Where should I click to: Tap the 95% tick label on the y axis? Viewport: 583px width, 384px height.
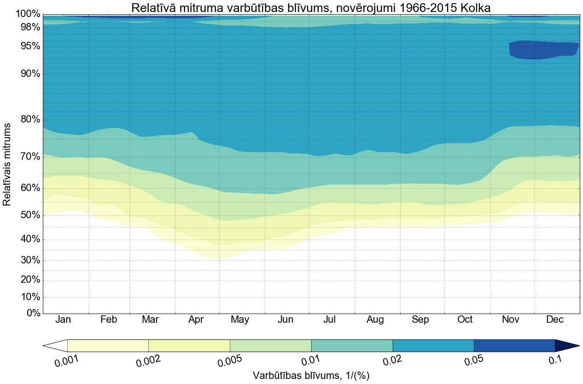point(29,47)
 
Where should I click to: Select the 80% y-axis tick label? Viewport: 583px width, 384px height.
point(29,120)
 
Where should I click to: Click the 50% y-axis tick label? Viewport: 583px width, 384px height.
point(29,215)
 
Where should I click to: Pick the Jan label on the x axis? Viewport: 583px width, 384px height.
point(64,320)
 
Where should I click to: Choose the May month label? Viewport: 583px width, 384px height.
point(240,320)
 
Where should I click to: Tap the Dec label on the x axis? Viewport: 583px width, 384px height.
point(555,320)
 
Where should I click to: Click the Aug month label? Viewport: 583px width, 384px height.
point(375,320)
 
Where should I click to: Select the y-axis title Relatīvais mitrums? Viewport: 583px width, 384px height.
point(7,164)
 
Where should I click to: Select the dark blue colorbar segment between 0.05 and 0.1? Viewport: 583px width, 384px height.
point(514,345)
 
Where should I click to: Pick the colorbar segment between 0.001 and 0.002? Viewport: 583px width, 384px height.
point(108,345)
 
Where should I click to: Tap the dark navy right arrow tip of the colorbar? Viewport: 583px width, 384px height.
point(566,345)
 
